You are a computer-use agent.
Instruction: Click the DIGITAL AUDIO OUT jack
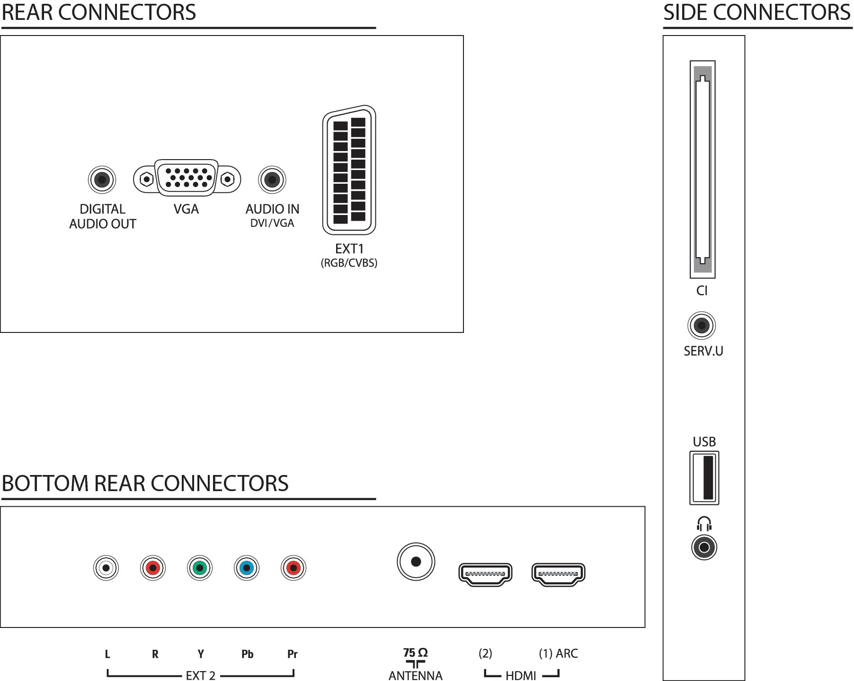(102, 180)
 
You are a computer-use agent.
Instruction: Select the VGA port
(187, 178)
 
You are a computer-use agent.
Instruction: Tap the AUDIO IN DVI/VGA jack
(272, 180)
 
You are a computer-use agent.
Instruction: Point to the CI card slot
(703, 169)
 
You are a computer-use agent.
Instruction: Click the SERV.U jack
(702, 325)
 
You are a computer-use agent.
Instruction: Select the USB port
(704, 478)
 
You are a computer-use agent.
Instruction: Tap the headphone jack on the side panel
(704, 547)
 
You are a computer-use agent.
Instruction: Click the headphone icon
(704, 524)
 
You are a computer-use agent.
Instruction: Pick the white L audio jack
(106, 568)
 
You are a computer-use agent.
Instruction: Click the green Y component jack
(200, 568)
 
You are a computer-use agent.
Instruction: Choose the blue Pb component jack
(247, 568)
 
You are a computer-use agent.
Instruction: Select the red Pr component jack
(294, 568)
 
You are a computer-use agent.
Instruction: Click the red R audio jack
(153, 568)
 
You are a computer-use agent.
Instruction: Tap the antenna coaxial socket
(416, 562)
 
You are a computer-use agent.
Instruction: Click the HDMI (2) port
(486, 574)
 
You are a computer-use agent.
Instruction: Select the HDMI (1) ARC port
(559, 574)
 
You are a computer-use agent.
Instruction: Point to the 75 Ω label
(416, 653)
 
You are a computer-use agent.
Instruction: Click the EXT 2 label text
(201, 675)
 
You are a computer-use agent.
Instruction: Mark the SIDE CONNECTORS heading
(757, 12)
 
